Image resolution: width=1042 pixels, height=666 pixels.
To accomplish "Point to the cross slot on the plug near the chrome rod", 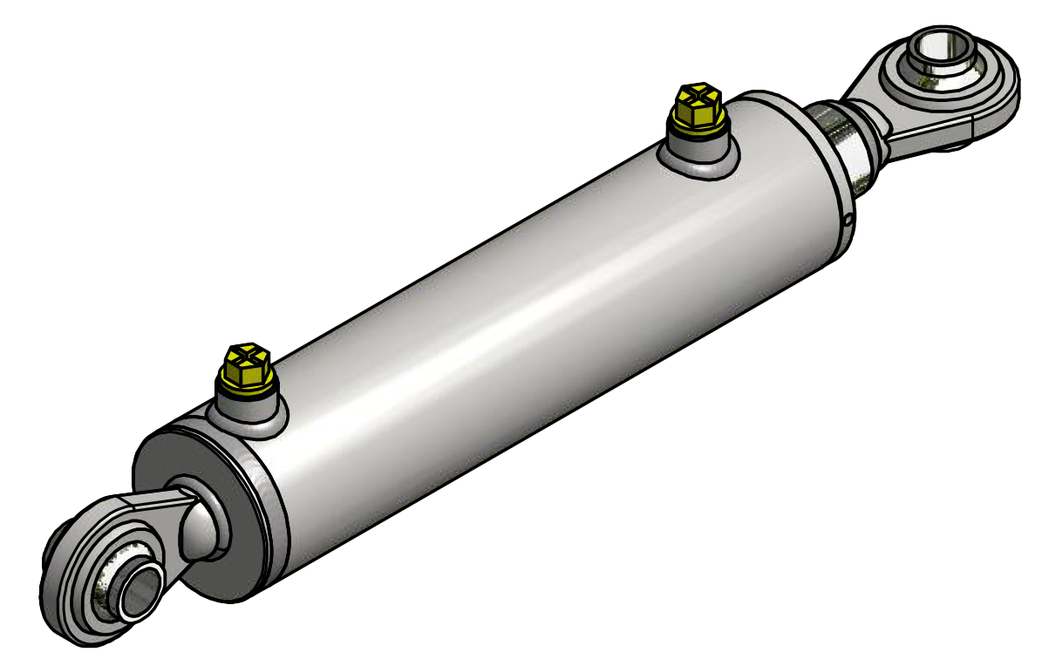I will (698, 95).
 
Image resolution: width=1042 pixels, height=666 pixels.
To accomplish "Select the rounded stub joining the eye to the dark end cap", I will (202, 523).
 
